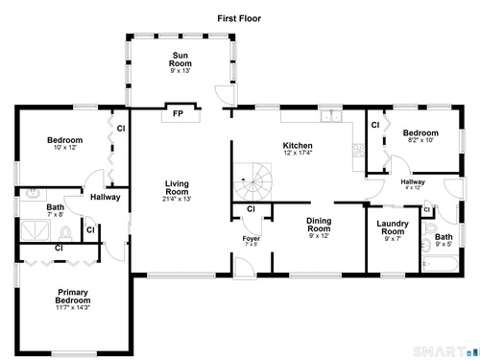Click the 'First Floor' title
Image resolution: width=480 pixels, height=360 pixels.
(239, 18)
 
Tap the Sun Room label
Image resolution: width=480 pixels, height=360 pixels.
(180, 60)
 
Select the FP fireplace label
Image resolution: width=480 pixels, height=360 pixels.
(178, 113)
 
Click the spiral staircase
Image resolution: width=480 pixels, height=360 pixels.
(252, 182)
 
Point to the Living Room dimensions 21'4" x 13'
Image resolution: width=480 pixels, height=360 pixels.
(177, 199)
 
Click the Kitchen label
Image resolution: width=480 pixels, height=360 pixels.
(298, 146)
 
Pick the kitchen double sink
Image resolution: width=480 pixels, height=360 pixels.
(331, 116)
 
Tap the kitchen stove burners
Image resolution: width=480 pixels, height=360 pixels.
(358, 151)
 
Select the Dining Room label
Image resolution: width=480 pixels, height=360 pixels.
(319, 225)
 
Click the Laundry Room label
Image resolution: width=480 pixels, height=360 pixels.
(393, 228)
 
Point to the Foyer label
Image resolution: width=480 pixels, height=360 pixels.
(252, 239)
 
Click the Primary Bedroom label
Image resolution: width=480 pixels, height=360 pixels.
(73, 297)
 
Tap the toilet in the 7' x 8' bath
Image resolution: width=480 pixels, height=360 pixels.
(66, 232)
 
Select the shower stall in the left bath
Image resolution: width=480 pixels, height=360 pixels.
(36, 229)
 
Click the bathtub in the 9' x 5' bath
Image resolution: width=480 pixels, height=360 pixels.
(441, 264)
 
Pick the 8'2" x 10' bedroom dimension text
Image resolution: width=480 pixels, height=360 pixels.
(420, 140)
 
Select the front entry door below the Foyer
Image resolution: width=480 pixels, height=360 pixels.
(245, 267)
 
